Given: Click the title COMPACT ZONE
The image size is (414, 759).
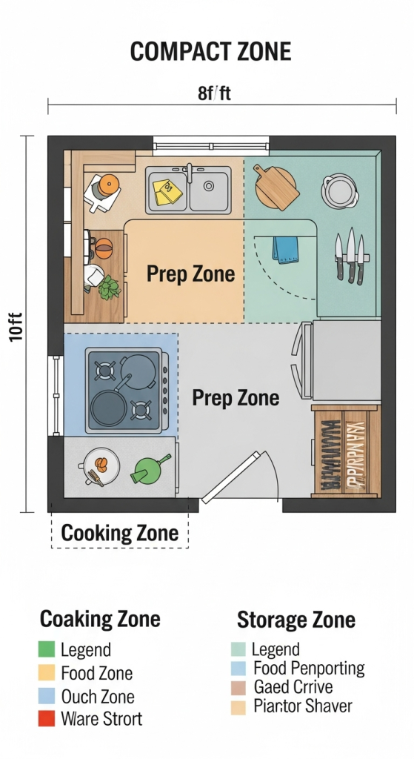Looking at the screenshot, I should [210, 52].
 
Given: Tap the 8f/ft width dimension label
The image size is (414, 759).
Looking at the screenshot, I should [213, 94].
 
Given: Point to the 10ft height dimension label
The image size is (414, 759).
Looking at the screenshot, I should [16, 325].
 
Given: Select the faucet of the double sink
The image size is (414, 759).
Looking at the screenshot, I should [190, 173].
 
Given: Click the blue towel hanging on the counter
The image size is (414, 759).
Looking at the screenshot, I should [285, 248].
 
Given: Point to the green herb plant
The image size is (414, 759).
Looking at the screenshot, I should [110, 287].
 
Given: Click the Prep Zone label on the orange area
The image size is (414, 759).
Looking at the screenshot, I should [190, 274].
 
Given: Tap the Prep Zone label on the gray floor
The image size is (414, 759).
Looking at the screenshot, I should [236, 398].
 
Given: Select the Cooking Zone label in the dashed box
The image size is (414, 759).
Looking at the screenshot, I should [119, 533].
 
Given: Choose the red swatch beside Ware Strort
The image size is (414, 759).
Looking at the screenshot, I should [47, 718].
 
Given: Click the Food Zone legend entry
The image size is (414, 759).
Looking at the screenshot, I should [96, 673].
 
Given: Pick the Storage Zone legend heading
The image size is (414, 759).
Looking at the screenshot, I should [296, 620].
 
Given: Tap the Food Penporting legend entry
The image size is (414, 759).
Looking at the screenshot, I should [308, 668].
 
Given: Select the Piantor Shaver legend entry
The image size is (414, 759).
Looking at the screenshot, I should [302, 706].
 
